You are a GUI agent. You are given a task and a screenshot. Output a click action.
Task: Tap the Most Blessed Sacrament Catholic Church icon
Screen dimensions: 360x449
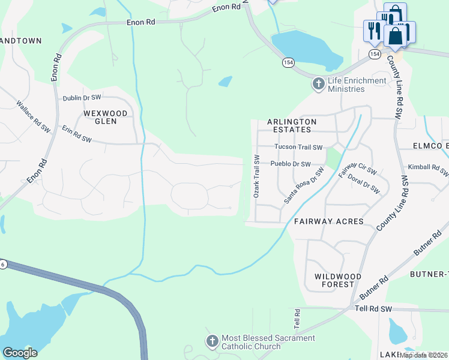point(212,342)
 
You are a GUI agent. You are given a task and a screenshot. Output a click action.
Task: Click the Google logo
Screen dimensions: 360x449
point(20,353)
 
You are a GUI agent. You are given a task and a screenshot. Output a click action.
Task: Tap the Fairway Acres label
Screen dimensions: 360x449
point(328,221)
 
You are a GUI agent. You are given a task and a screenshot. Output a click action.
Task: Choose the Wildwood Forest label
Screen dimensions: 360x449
point(338,281)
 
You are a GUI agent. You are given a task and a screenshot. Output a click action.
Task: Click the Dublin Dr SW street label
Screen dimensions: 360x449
point(82,97)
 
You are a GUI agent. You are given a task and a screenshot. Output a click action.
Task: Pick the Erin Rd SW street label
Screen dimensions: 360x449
point(77,134)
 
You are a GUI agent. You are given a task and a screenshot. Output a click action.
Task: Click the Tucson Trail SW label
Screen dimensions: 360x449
point(298,147)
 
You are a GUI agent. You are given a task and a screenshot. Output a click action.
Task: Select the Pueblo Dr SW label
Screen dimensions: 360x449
point(291,164)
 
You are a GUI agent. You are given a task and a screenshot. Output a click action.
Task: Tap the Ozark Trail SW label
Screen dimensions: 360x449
point(256,177)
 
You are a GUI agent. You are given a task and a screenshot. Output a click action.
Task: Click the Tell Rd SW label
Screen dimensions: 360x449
point(372,308)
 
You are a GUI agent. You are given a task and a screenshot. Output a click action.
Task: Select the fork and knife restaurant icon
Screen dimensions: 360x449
point(372,31)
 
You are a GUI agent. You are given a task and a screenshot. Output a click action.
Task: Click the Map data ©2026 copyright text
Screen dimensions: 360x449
point(424,355)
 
